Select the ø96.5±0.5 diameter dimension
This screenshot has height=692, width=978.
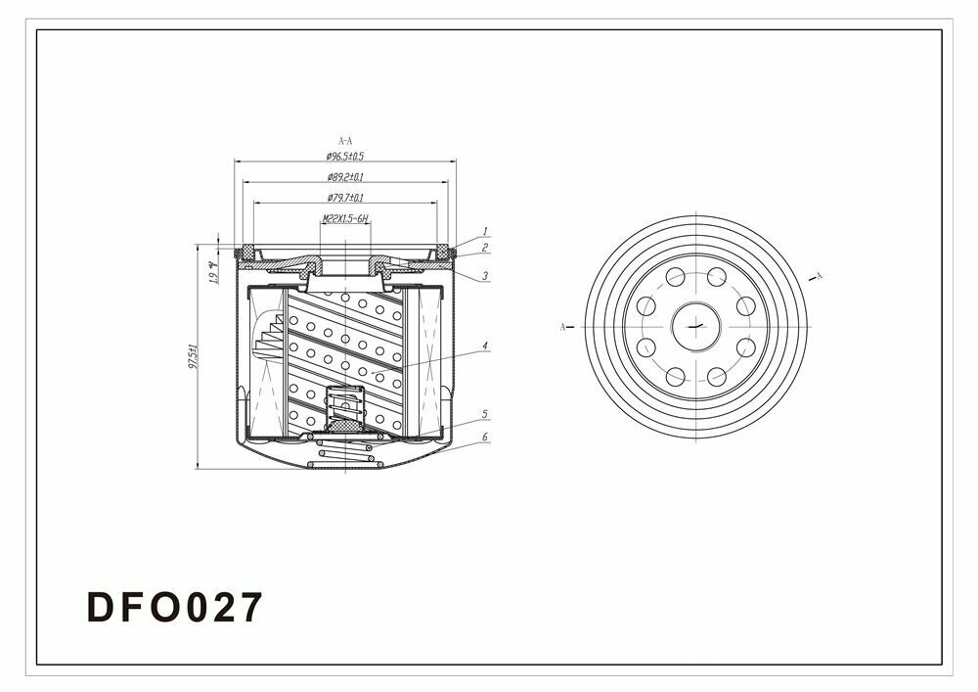coord(345,157)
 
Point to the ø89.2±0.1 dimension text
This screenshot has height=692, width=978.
coord(345,178)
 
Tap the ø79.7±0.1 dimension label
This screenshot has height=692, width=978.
coord(345,198)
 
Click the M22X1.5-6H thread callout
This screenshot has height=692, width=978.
coord(344,220)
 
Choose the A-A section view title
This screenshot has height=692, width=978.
coord(345,141)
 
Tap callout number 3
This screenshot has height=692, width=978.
coord(485,276)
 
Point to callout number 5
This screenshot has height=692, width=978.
coord(485,414)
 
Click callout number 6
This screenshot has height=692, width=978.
coord(485,436)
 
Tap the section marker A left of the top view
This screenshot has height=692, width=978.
coord(563,326)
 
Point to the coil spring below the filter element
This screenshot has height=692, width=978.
coord(342,451)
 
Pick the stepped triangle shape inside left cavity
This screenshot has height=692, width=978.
coord(271,338)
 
